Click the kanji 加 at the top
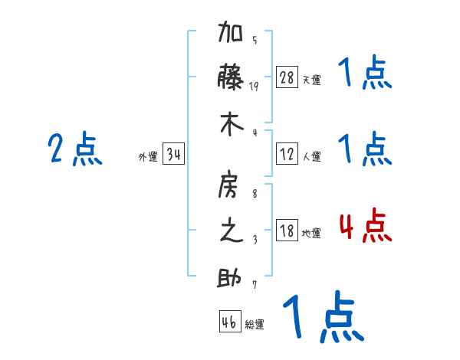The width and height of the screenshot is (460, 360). (232, 35)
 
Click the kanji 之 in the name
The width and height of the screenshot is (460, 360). (232, 231)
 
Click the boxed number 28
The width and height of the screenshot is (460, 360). (287, 77)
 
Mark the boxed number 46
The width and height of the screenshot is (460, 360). (228, 322)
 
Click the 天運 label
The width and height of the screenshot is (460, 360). (311, 80)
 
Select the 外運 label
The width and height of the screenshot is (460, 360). (148, 157)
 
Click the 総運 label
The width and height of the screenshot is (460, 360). (255, 325)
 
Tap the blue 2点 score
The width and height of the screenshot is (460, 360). (75, 149)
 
